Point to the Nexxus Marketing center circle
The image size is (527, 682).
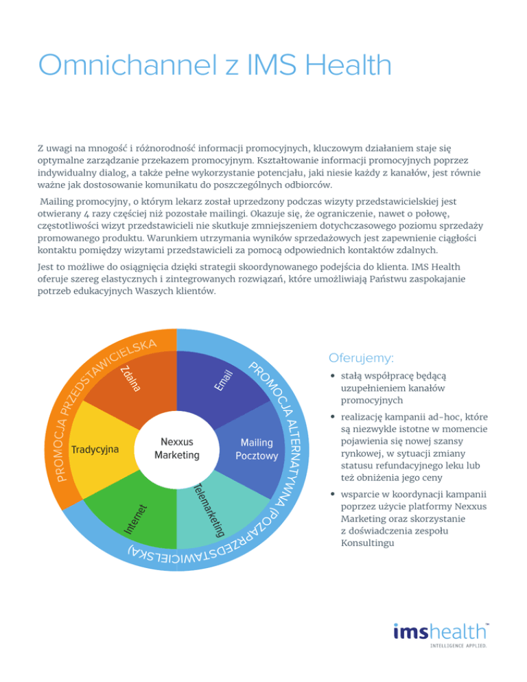click(x=176, y=449)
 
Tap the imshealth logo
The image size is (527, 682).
click(x=441, y=631)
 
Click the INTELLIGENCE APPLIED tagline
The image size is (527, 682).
click(x=459, y=646)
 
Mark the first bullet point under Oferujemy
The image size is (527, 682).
click(x=332, y=376)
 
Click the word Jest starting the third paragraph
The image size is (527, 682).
click(x=46, y=266)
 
